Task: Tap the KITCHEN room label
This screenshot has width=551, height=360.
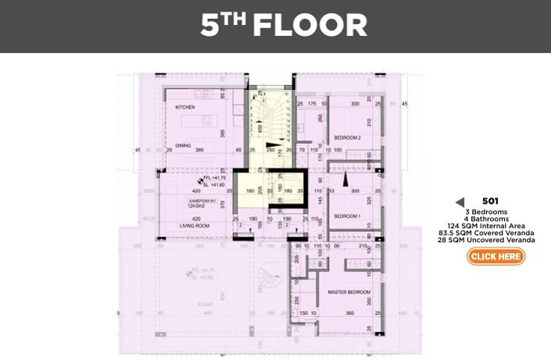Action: [x=184, y=107]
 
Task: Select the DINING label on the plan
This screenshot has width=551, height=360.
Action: [x=184, y=144]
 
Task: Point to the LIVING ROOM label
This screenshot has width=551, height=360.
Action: [x=183, y=226]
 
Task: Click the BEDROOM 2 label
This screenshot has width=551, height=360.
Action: [x=347, y=137]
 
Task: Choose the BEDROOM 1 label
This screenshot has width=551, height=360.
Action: [x=347, y=216]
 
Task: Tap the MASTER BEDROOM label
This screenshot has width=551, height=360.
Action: [x=349, y=292]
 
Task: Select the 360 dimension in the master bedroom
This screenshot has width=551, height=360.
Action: [x=349, y=314]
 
